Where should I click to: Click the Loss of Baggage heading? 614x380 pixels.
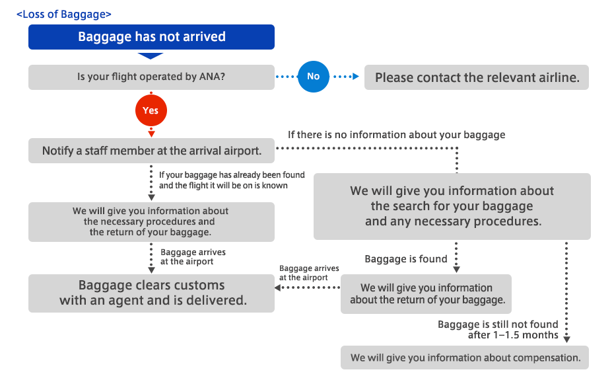[x=63, y=14]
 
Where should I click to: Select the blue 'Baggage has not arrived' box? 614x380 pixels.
[x=151, y=37]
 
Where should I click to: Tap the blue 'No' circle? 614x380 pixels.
[x=313, y=77]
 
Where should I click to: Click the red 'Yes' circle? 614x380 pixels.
[x=151, y=110]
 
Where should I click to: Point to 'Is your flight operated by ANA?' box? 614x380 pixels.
[x=151, y=77]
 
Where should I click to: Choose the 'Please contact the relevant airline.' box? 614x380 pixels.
[x=477, y=77]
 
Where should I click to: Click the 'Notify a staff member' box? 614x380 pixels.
[x=151, y=151]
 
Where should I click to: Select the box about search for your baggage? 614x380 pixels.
[x=452, y=206]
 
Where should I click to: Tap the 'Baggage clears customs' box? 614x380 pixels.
[x=151, y=293]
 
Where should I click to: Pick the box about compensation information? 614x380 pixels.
[x=465, y=358]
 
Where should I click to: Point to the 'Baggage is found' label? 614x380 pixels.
[x=406, y=259]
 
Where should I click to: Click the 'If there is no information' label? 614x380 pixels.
[x=397, y=135]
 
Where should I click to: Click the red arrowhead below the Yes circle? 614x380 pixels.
[x=151, y=134]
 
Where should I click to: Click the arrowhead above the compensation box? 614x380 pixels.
[x=566, y=339]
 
